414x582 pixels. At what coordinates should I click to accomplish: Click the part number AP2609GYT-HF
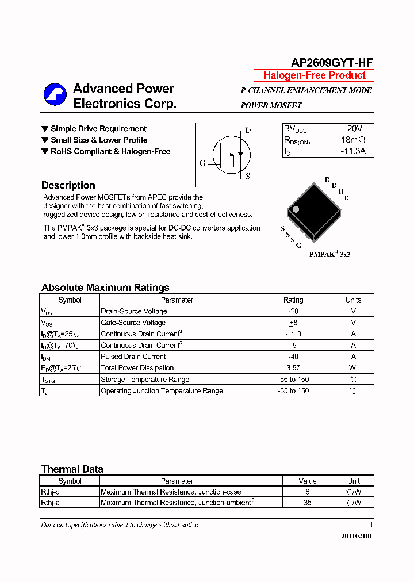coord(332,63)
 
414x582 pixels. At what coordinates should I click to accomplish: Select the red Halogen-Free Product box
coord(314,75)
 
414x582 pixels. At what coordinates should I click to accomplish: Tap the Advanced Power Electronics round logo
coord(55,95)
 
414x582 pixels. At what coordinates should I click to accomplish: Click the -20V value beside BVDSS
coord(353,129)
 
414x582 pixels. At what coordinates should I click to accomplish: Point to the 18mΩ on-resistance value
coord(353,140)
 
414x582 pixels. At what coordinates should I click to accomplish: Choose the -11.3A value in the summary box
coord(353,152)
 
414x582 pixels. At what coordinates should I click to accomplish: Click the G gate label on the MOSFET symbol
coord(202,163)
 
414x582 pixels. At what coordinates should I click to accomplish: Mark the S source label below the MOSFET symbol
coord(248,177)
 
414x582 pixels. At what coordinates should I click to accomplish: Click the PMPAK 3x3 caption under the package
coord(329,254)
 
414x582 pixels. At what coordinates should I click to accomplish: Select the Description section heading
coord(68,185)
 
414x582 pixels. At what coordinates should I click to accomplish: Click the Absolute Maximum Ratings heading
coord(105,288)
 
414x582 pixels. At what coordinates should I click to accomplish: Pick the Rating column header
coord(293,300)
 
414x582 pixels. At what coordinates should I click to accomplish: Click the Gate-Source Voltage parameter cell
coord(133,323)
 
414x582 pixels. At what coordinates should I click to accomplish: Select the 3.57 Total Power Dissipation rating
coord(293,368)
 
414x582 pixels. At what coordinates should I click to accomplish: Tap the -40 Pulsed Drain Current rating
coord(293,357)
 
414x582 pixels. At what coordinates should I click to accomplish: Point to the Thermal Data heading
coord(72,469)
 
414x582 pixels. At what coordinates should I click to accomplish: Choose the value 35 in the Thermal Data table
coord(308,503)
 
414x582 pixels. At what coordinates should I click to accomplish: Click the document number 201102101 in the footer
coord(356,536)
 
